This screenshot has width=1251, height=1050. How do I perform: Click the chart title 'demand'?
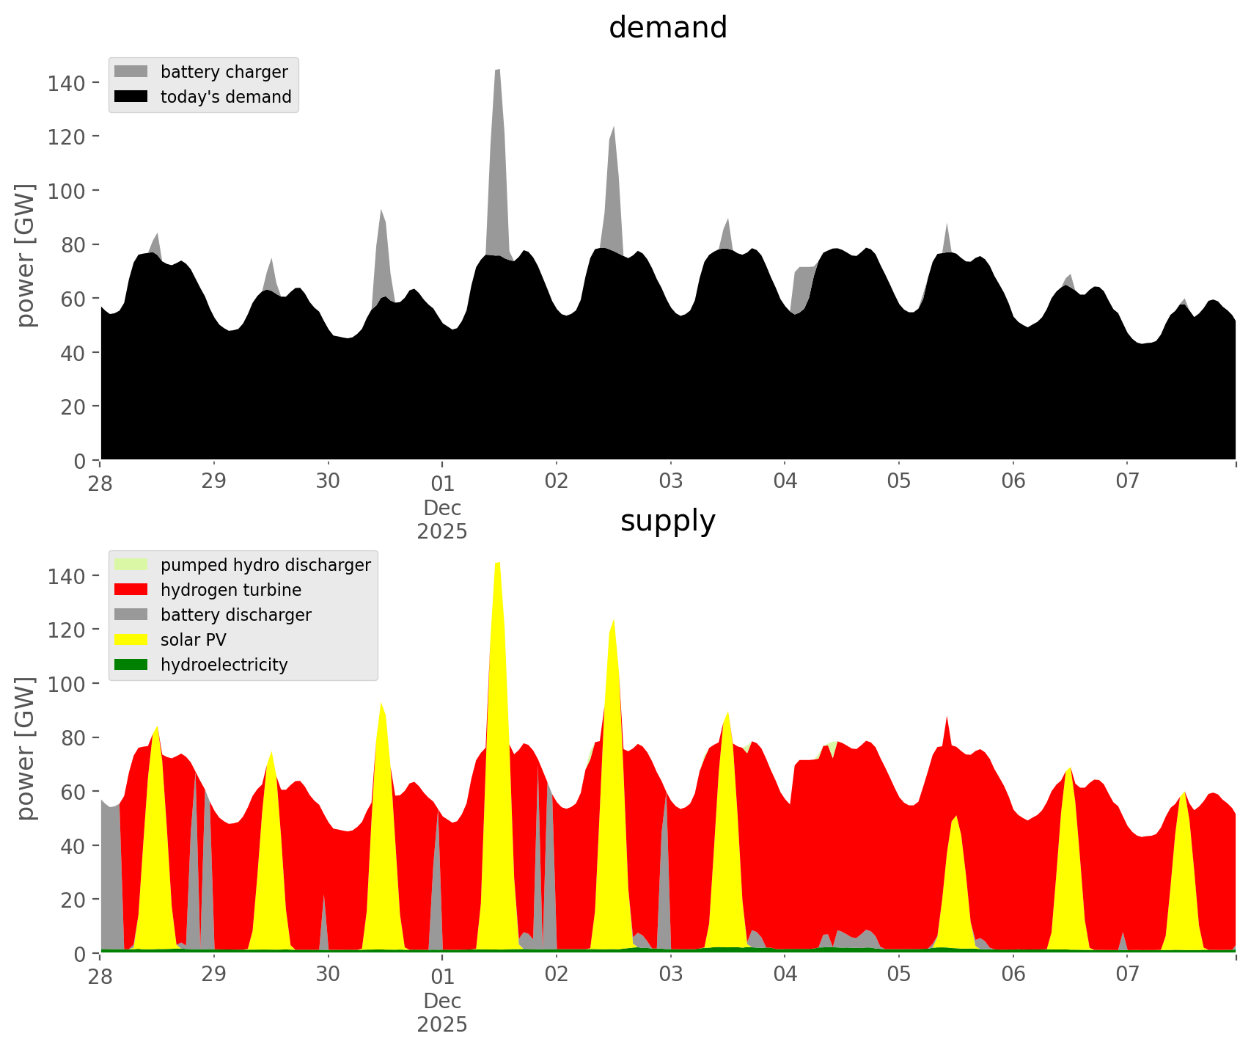click(x=667, y=28)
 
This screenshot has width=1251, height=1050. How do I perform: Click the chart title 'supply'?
click(x=667, y=521)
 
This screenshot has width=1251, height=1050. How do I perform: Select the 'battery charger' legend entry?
click(x=224, y=72)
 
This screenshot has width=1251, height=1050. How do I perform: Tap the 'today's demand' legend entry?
click(x=225, y=97)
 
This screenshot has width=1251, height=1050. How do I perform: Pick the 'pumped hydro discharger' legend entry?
click(x=265, y=565)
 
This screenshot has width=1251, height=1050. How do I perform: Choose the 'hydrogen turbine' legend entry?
click(x=230, y=590)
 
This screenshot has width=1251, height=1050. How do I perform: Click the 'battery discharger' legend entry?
click(x=235, y=615)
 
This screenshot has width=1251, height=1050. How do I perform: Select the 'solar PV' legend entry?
click(x=193, y=640)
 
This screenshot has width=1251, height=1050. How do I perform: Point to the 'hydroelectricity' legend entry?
click(x=224, y=665)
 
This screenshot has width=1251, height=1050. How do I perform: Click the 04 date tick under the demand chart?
click(x=785, y=482)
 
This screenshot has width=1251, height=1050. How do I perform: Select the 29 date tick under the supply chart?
click(x=214, y=975)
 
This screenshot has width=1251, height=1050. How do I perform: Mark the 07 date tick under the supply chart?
click(x=1127, y=975)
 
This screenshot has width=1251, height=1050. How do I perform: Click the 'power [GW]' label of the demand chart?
click(x=26, y=255)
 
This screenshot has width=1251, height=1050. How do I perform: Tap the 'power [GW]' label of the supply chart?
click(x=26, y=748)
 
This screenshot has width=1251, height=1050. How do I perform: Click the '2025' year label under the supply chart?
click(x=442, y=1024)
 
